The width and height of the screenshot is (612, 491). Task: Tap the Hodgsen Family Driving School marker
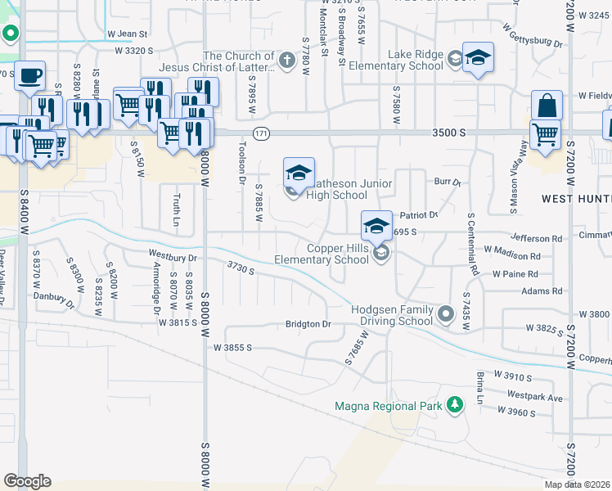tap(446, 313)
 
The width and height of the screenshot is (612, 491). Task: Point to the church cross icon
tap(286, 60)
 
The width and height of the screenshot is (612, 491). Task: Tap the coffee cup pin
tap(30, 76)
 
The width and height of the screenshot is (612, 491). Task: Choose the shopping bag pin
tap(547, 106)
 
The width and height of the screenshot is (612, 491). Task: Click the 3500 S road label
tap(450, 132)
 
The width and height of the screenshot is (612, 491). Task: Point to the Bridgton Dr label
tap(308, 324)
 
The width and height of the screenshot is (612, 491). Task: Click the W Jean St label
tap(127, 34)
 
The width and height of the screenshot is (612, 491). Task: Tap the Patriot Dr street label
tap(420, 215)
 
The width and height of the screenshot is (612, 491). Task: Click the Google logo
tap(27, 481)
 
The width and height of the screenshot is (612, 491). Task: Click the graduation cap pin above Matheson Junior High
tap(299, 173)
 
